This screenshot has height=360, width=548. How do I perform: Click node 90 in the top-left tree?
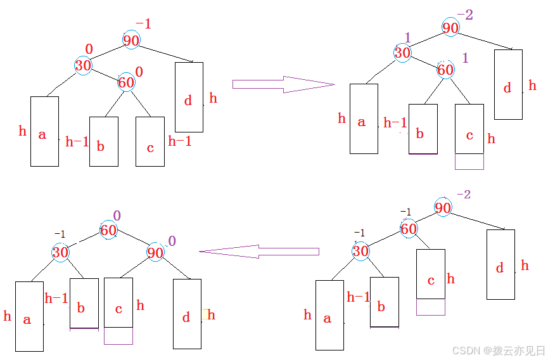click(x=131, y=40)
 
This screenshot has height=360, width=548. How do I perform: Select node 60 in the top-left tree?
click(x=126, y=82)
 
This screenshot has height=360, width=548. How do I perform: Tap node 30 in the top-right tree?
click(x=402, y=53)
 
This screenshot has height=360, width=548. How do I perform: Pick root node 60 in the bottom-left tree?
click(x=108, y=230)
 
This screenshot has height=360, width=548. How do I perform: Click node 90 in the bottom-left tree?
click(x=155, y=252)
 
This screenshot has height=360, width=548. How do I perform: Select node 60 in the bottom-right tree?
click(x=409, y=228)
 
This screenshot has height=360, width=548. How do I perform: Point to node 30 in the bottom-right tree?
click(x=360, y=251)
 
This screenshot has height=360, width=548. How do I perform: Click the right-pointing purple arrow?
click(x=283, y=84)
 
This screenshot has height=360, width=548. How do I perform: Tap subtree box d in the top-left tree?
click(x=189, y=97)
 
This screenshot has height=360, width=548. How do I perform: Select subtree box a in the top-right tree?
click(x=364, y=119)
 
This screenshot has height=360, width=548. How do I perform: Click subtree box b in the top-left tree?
click(x=104, y=141)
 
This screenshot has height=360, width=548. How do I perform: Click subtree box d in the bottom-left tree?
click(x=187, y=314)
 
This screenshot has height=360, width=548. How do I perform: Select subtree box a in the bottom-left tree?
click(x=29, y=316)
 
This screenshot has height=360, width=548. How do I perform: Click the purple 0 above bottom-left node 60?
click(x=117, y=215)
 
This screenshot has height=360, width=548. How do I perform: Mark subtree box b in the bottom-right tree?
click(x=385, y=302)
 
